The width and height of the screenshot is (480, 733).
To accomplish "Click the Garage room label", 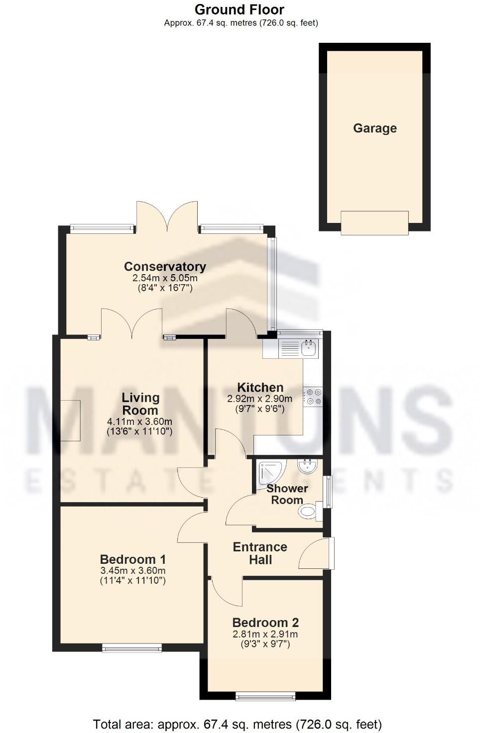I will pyautogui.click(x=374, y=128).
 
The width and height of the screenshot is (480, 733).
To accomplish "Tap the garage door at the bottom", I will pyautogui.click(x=374, y=222).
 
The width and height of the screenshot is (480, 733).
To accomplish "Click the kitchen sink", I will pyautogui.click(x=309, y=348).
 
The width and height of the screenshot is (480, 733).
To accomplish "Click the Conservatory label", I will pyautogui.click(x=165, y=267).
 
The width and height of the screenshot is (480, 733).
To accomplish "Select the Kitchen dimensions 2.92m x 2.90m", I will pyautogui.click(x=259, y=399).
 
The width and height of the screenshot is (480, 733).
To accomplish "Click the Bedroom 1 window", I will pyautogui.click(x=132, y=647).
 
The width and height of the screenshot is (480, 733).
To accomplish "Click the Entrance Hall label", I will pyautogui.click(x=260, y=553).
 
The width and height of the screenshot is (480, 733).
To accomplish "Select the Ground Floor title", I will pyautogui.click(x=240, y=9).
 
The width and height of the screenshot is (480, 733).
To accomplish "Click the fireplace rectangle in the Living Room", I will pyautogui.click(x=70, y=420).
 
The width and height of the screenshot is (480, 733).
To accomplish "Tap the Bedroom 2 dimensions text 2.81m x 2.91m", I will pyautogui.click(x=265, y=634).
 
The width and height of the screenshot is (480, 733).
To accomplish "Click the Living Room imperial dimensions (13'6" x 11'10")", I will pyautogui.click(x=139, y=432).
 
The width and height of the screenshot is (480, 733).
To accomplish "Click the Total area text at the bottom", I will pyautogui.click(x=238, y=724).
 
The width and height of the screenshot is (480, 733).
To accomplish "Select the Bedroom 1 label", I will pyautogui.click(x=133, y=559).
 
